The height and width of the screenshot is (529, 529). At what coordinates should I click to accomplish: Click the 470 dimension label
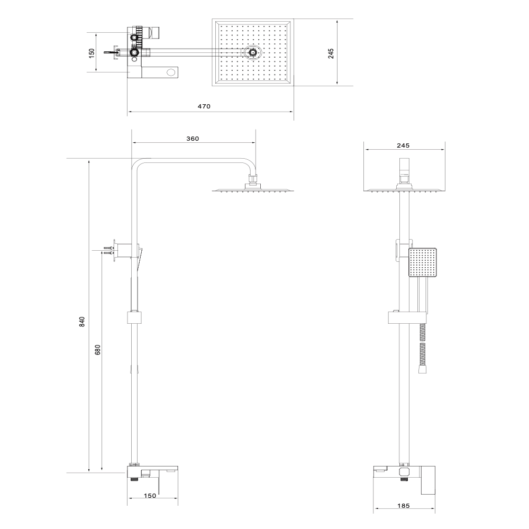204,106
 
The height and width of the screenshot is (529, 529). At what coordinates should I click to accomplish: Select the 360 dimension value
193,139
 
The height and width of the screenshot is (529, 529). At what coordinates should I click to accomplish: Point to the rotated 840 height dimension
82,321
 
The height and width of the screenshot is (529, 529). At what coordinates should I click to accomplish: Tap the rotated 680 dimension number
98,350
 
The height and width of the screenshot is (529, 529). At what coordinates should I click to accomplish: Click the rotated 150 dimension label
92,53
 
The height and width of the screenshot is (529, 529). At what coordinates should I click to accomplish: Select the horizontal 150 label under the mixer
150,496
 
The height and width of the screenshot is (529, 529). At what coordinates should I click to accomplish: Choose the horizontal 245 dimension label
403,145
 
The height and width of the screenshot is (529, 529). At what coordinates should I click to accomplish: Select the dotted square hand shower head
422,262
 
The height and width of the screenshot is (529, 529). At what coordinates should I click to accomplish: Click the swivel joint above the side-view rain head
252,181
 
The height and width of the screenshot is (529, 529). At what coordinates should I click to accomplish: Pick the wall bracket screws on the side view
110,251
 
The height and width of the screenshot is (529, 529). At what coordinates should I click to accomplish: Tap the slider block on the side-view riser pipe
135,318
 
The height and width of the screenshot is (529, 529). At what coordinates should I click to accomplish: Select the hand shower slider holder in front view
405,317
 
